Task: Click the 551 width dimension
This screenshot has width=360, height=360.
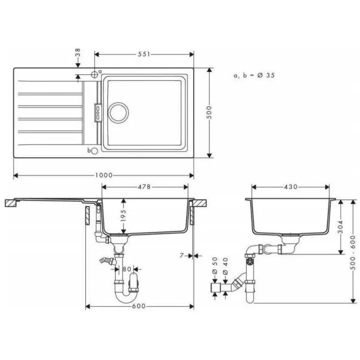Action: tap(144, 54)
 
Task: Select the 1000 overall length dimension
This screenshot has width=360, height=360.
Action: tap(103, 176)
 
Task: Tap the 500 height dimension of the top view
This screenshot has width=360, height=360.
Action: tap(209, 114)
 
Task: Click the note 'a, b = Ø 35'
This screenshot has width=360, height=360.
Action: tap(254, 74)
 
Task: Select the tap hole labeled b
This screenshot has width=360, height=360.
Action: tap(94, 150)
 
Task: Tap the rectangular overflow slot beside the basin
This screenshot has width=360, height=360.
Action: tap(97, 112)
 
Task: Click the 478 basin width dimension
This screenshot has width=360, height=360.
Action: tap(144, 187)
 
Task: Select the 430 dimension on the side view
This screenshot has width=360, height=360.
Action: tap(291, 187)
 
